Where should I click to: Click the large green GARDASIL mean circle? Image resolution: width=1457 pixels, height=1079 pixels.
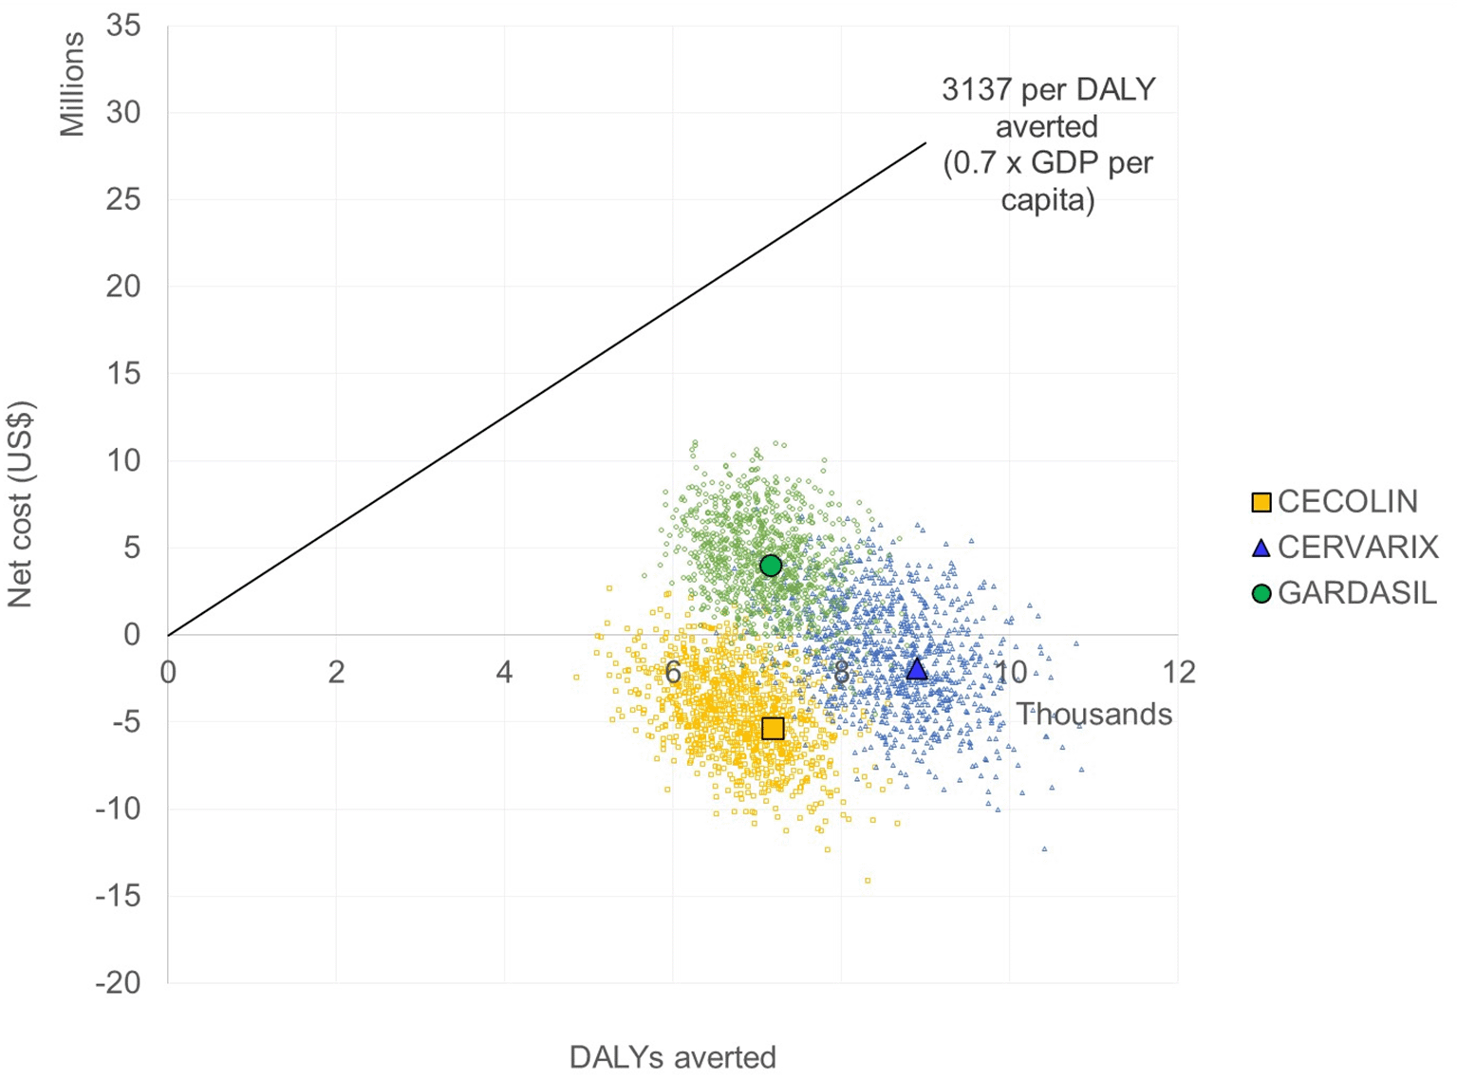pos(771,566)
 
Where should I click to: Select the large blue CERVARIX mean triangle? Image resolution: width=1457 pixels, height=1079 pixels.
pos(916,669)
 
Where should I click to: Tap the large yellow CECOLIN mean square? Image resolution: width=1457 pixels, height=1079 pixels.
pos(773,729)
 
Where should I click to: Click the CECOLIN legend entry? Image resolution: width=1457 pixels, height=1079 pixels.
pos(1336,502)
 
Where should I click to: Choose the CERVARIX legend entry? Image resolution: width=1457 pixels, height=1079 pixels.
pos(1345,548)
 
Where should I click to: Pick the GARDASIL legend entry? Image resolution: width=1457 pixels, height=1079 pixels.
pos(1345,593)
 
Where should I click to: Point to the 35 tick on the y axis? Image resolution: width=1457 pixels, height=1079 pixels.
pos(123,26)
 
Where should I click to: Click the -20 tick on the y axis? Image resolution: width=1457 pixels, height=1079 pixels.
pos(118,982)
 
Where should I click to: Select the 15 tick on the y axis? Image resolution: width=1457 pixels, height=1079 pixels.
pos(123,374)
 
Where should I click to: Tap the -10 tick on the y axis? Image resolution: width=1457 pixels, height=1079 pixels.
pos(118,809)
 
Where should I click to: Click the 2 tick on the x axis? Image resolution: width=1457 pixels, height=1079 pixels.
pos(336,672)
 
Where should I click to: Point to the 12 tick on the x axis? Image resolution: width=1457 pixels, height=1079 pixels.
pos(1178,672)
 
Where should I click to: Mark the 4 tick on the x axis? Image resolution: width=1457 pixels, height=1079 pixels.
pos(504,672)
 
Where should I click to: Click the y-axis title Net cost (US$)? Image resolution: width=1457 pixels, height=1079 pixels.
pos(21,504)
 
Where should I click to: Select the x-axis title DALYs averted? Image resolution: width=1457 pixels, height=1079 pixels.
pos(672,1057)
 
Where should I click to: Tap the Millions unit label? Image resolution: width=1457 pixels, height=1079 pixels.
pos(72,84)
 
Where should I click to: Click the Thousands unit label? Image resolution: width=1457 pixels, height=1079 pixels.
pos(1094,715)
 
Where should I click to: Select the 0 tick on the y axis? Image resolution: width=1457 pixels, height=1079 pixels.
pos(132,635)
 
